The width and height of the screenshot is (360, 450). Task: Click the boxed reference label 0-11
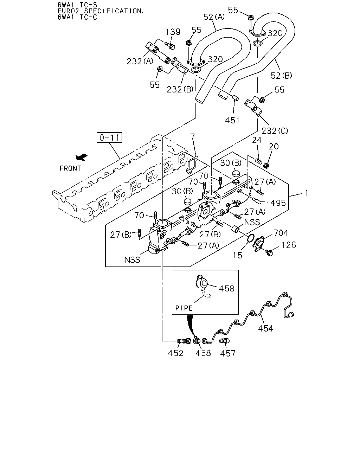pos(109,137)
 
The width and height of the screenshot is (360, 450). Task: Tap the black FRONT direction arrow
pos(82,157)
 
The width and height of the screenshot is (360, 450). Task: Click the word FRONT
pos(70,168)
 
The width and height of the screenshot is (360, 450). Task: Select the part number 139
pos(173,32)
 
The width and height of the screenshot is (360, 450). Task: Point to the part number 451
pos(232,120)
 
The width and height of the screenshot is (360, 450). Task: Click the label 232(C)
pos(275,131)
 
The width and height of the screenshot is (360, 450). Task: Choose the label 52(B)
pos(281,76)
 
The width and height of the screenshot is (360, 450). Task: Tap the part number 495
pos(278,203)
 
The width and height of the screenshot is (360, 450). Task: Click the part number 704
pos(281,233)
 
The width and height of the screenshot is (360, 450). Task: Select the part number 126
pos(289,245)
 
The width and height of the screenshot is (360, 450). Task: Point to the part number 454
pos(266,328)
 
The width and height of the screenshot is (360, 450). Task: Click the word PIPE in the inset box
pos(184,308)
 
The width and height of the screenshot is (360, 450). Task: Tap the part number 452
pos(176,353)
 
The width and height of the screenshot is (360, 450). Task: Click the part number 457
pos(228,353)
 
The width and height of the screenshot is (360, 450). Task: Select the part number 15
pos(238,255)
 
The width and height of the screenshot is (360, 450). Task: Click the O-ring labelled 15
pos(250,238)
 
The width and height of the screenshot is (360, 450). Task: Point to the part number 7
pos(192,137)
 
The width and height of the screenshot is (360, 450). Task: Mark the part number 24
pos(257,140)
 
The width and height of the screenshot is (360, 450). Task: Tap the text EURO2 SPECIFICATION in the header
pos(101,11)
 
